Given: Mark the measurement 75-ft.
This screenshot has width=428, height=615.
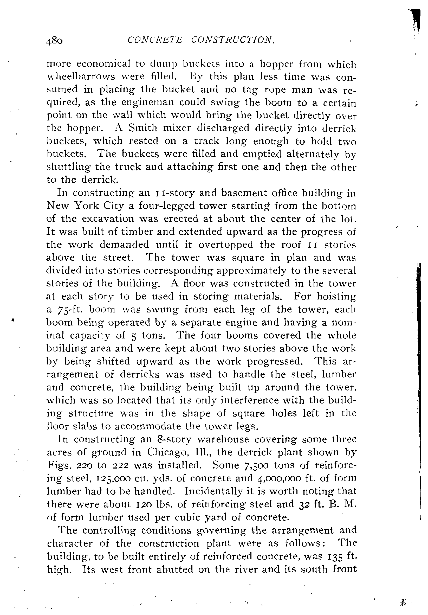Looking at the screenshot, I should (x=71, y=310).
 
